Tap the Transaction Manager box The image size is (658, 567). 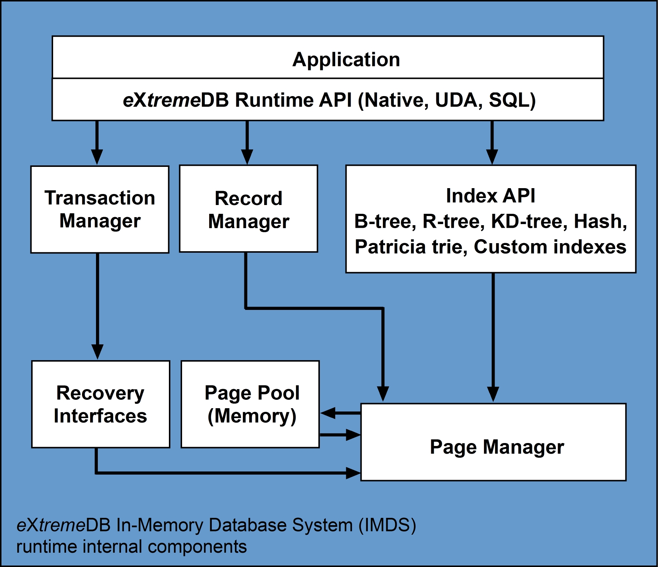tap(100, 209)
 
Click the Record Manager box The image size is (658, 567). tap(248, 209)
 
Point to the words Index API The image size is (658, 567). tap(490, 196)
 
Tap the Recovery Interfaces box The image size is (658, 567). tap(100, 404)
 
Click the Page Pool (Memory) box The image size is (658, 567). tap(250, 404)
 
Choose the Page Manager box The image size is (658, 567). tap(493, 442)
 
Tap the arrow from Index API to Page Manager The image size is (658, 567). tap(493, 337)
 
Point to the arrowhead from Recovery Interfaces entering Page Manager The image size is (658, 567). tap(353, 473)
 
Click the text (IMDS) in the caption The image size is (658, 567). tap(387, 525)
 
